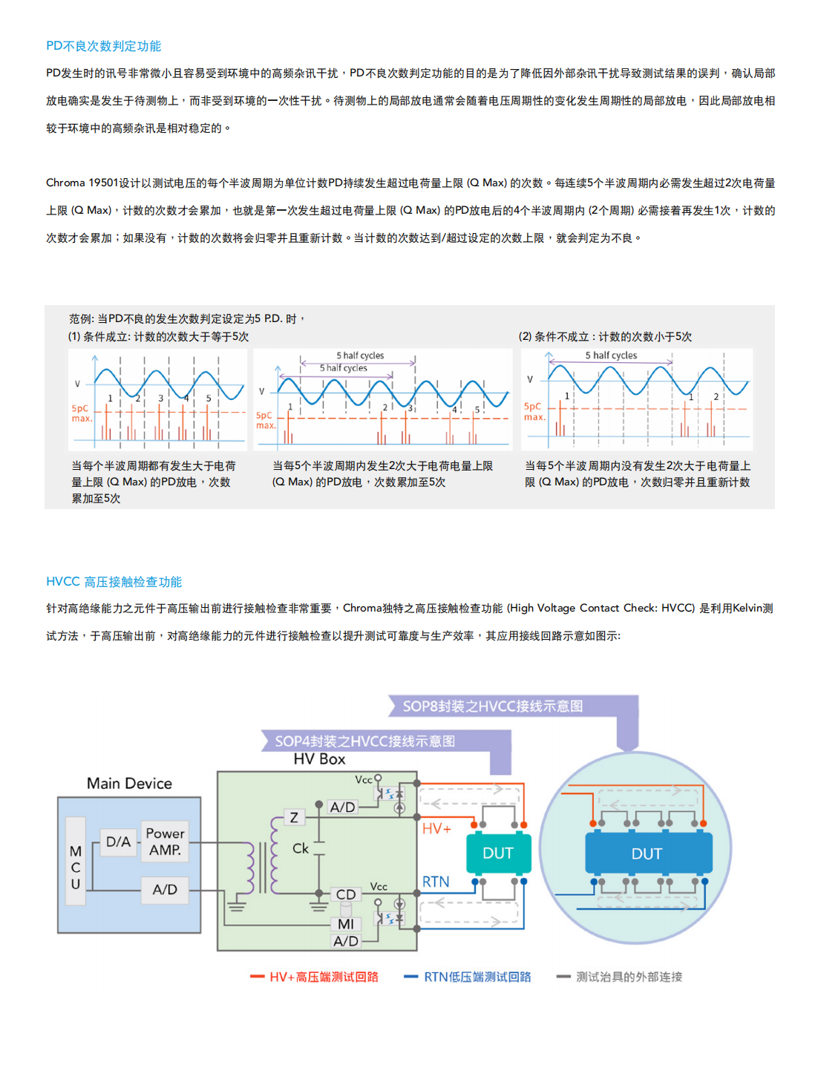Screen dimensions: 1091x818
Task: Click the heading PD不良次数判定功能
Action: pyautogui.click(x=103, y=46)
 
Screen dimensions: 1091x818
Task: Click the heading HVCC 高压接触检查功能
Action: pyautogui.click(x=114, y=582)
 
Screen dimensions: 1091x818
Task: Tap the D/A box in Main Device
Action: pyautogui.click(x=118, y=842)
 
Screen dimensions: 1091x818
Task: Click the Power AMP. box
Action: pyautogui.click(x=165, y=842)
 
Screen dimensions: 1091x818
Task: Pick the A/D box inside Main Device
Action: pyautogui.click(x=165, y=889)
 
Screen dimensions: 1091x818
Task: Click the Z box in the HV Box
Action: pyautogui.click(x=294, y=818)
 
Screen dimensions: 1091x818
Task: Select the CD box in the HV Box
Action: pyautogui.click(x=346, y=894)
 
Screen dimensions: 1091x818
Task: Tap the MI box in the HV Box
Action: pyautogui.click(x=346, y=924)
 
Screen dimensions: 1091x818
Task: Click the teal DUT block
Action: pyautogui.click(x=498, y=854)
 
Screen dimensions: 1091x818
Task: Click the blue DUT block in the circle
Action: pyautogui.click(x=647, y=854)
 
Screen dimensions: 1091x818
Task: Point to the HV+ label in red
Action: pyautogui.click(x=436, y=828)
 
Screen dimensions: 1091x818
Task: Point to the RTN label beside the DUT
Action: pyautogui.click(x=436, y=882)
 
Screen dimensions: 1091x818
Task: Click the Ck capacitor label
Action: pyautogui.click(x=301, y=848)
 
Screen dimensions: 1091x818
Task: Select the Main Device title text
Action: pyautogui.click(x=129, y=783)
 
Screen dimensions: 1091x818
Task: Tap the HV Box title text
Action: pyautogui.click(x=319, y=759)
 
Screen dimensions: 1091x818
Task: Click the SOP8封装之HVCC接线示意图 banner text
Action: pyautogui.click(x=493, y=706)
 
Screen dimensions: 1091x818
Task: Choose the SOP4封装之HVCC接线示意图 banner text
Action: pyautogui.click(x=365, y=741)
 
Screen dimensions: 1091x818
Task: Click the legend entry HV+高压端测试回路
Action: pyautogui.click(x=324, y=977)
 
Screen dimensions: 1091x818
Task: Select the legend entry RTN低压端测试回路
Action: pyautogui.click(x=477, y=977)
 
